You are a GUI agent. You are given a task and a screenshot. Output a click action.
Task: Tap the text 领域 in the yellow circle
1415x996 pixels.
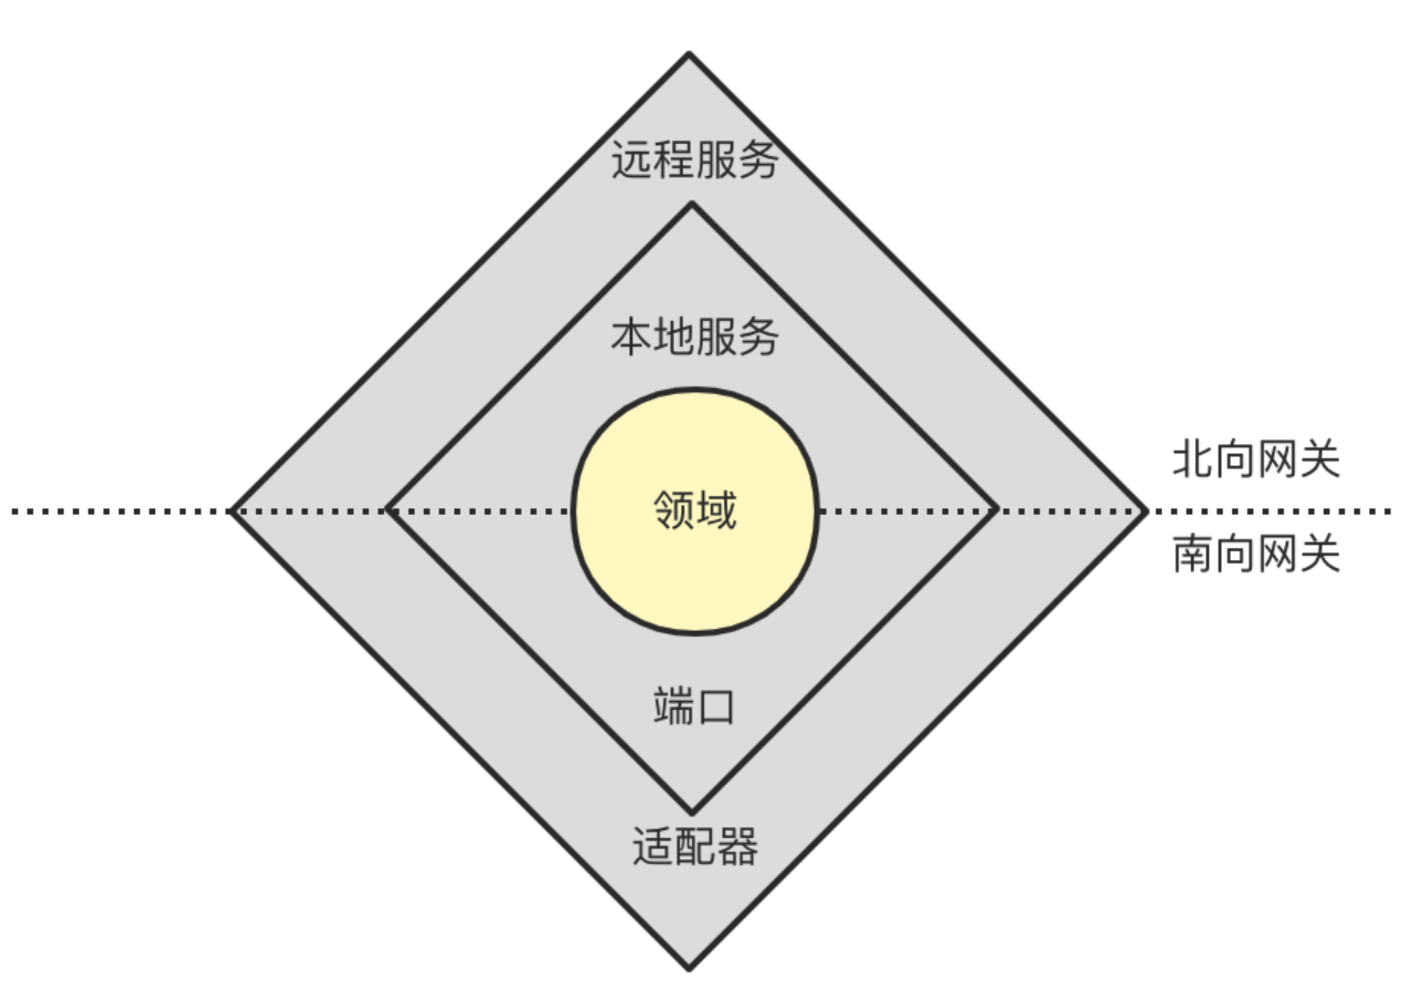[694, 509]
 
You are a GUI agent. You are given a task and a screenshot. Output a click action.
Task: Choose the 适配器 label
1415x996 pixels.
[694, 845]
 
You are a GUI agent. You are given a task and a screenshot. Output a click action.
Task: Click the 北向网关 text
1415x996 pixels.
[1255, 459]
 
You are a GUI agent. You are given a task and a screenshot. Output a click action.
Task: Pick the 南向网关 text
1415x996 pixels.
[1255, 554]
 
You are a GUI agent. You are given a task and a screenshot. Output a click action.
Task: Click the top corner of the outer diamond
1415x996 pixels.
[689, 54]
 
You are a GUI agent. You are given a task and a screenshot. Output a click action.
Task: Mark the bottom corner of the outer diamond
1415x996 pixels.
[689, 968]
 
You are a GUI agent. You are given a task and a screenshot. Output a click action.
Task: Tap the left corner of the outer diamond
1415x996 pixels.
[232, 511]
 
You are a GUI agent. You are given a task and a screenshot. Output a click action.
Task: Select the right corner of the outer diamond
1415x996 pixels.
[1146, 511]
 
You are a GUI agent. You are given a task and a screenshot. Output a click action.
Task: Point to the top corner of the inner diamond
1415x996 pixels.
[692, 205]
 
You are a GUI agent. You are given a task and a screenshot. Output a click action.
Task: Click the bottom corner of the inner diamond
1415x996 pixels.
[692, 812]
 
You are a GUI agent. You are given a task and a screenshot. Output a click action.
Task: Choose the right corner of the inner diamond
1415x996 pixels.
[997, 509]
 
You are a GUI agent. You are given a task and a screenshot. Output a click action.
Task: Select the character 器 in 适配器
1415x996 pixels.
[737, 845]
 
